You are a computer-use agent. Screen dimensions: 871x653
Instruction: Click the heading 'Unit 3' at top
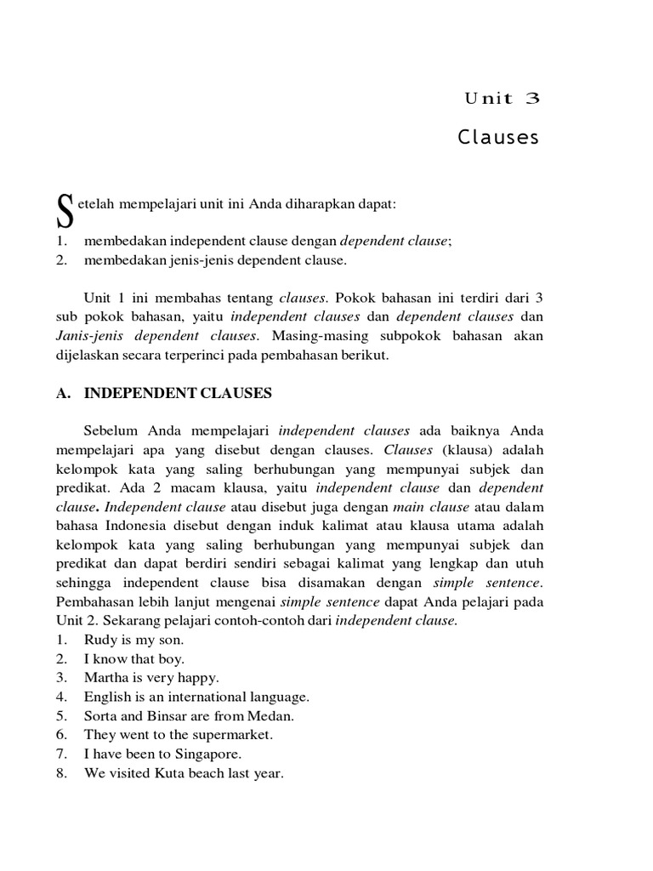point(502,98)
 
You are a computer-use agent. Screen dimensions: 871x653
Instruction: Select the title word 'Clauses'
point(498,138)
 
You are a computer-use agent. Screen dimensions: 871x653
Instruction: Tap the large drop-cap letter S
point(64,211)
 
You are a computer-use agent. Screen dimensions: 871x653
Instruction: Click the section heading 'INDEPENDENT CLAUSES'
point(178,393)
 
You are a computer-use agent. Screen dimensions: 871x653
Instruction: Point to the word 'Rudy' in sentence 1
point(99,640)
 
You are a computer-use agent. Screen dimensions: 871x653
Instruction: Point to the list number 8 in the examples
point(60,773)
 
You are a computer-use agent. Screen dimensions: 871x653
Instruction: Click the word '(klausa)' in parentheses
point(460,450)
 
